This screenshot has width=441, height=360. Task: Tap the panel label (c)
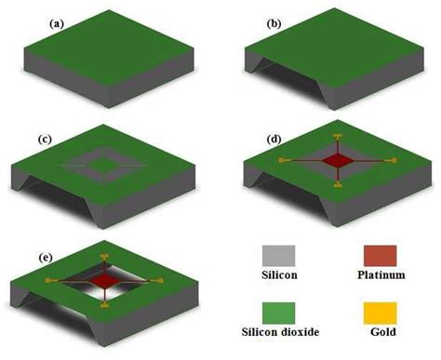pyautogui.click(x=44, y=139)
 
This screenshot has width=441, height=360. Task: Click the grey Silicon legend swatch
pyautogui.click(x=277, y=256)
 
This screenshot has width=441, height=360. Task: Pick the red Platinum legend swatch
pyautogui.click(x=380, y=256)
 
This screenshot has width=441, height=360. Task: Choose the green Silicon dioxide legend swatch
pyautogui.click(x=277, y=313)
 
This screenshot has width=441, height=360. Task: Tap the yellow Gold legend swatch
pyautogui.click(x=380, y=313)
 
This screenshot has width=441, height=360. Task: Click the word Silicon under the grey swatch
pyautogui.click(x=277, y=277)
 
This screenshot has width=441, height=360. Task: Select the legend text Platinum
pyautogui.click(x=380, y=277)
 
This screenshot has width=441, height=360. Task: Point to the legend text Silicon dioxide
pyautogui.click(x=277, y=336)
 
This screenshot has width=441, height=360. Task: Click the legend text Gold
pyautogui.click(x=380, y=336)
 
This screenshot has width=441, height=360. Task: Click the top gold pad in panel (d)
pyautogui.click(x=335, y=134)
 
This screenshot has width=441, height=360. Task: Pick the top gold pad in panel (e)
pyautogui.click(x=103, y=254)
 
